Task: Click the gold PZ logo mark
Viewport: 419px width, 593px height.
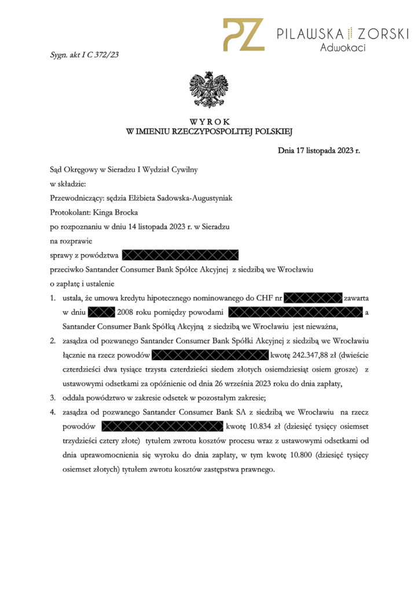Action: pos(243,35)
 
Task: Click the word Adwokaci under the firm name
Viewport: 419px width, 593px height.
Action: pos(343,48)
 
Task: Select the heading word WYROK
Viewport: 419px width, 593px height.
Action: pos(209,122)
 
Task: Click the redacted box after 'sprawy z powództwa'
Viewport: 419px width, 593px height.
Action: pos(181,255)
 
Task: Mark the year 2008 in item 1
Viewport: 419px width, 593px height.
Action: pos(126,312)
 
